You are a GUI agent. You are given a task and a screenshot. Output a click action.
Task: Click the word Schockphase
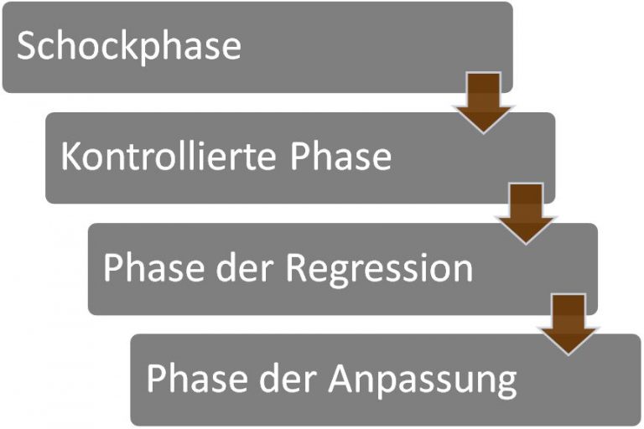(128, 46)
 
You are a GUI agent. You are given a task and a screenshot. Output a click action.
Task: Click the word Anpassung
(422, 380)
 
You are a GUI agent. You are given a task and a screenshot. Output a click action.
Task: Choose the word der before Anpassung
(290, 379)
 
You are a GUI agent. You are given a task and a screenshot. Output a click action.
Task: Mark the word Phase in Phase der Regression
(156, 268)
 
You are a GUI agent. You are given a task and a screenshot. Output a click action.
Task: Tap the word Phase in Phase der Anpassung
(199, 379)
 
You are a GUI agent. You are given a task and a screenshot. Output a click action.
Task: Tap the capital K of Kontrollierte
(70, 157)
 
